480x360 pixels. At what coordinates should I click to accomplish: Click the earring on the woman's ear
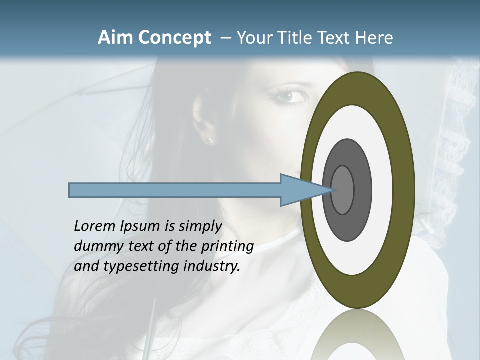(210, 141)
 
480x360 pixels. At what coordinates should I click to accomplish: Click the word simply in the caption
(200, 226)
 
